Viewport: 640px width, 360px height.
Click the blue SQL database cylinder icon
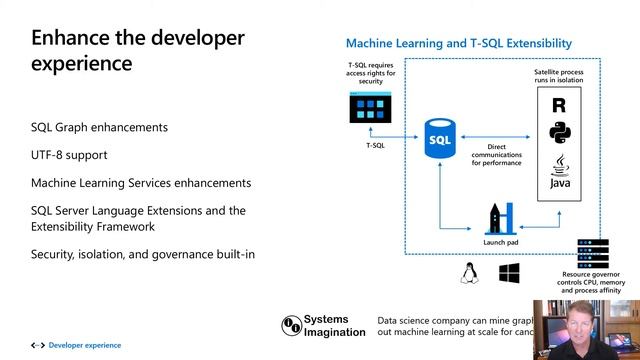tap(440, 138)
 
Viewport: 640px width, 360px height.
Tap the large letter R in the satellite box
tap(559, 104)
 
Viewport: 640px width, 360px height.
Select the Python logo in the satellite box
tap(559, 132)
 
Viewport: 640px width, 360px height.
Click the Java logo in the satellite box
tap(559, 172)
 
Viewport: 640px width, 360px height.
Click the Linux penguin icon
tap(469, 273)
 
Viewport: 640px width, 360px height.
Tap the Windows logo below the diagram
tap(509, 273)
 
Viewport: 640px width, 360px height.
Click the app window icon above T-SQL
tap(369, 107)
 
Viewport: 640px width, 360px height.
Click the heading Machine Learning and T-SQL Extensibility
tap(458, 43)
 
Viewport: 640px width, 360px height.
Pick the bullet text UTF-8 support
tap(69, 155)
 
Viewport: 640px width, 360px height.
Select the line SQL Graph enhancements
tap(99, 127)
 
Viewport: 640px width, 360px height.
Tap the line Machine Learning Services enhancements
tap(141, 183)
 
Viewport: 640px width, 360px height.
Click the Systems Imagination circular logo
tap(292, 326)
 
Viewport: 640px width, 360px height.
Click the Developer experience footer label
tap(84, 345)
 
